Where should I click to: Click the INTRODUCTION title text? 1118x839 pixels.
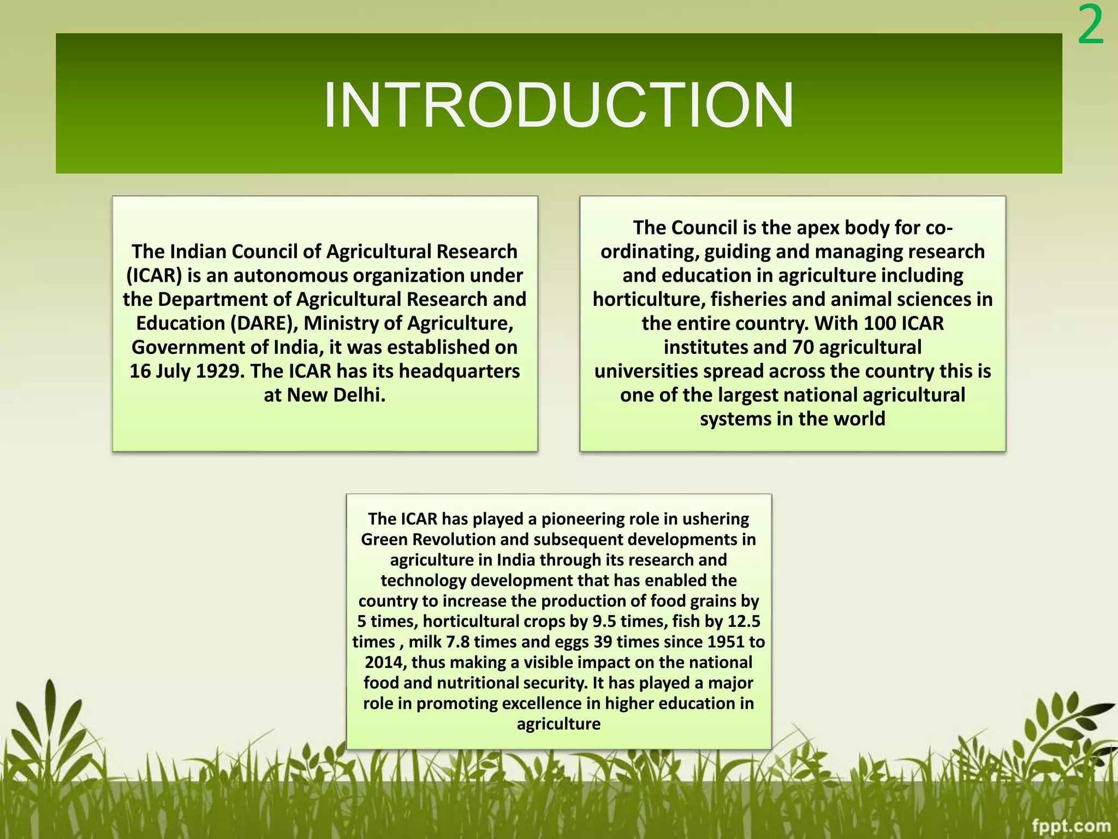pos(558,105)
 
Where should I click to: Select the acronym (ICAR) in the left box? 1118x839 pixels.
pos(154,276)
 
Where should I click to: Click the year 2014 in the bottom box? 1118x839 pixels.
pos(385,663)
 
